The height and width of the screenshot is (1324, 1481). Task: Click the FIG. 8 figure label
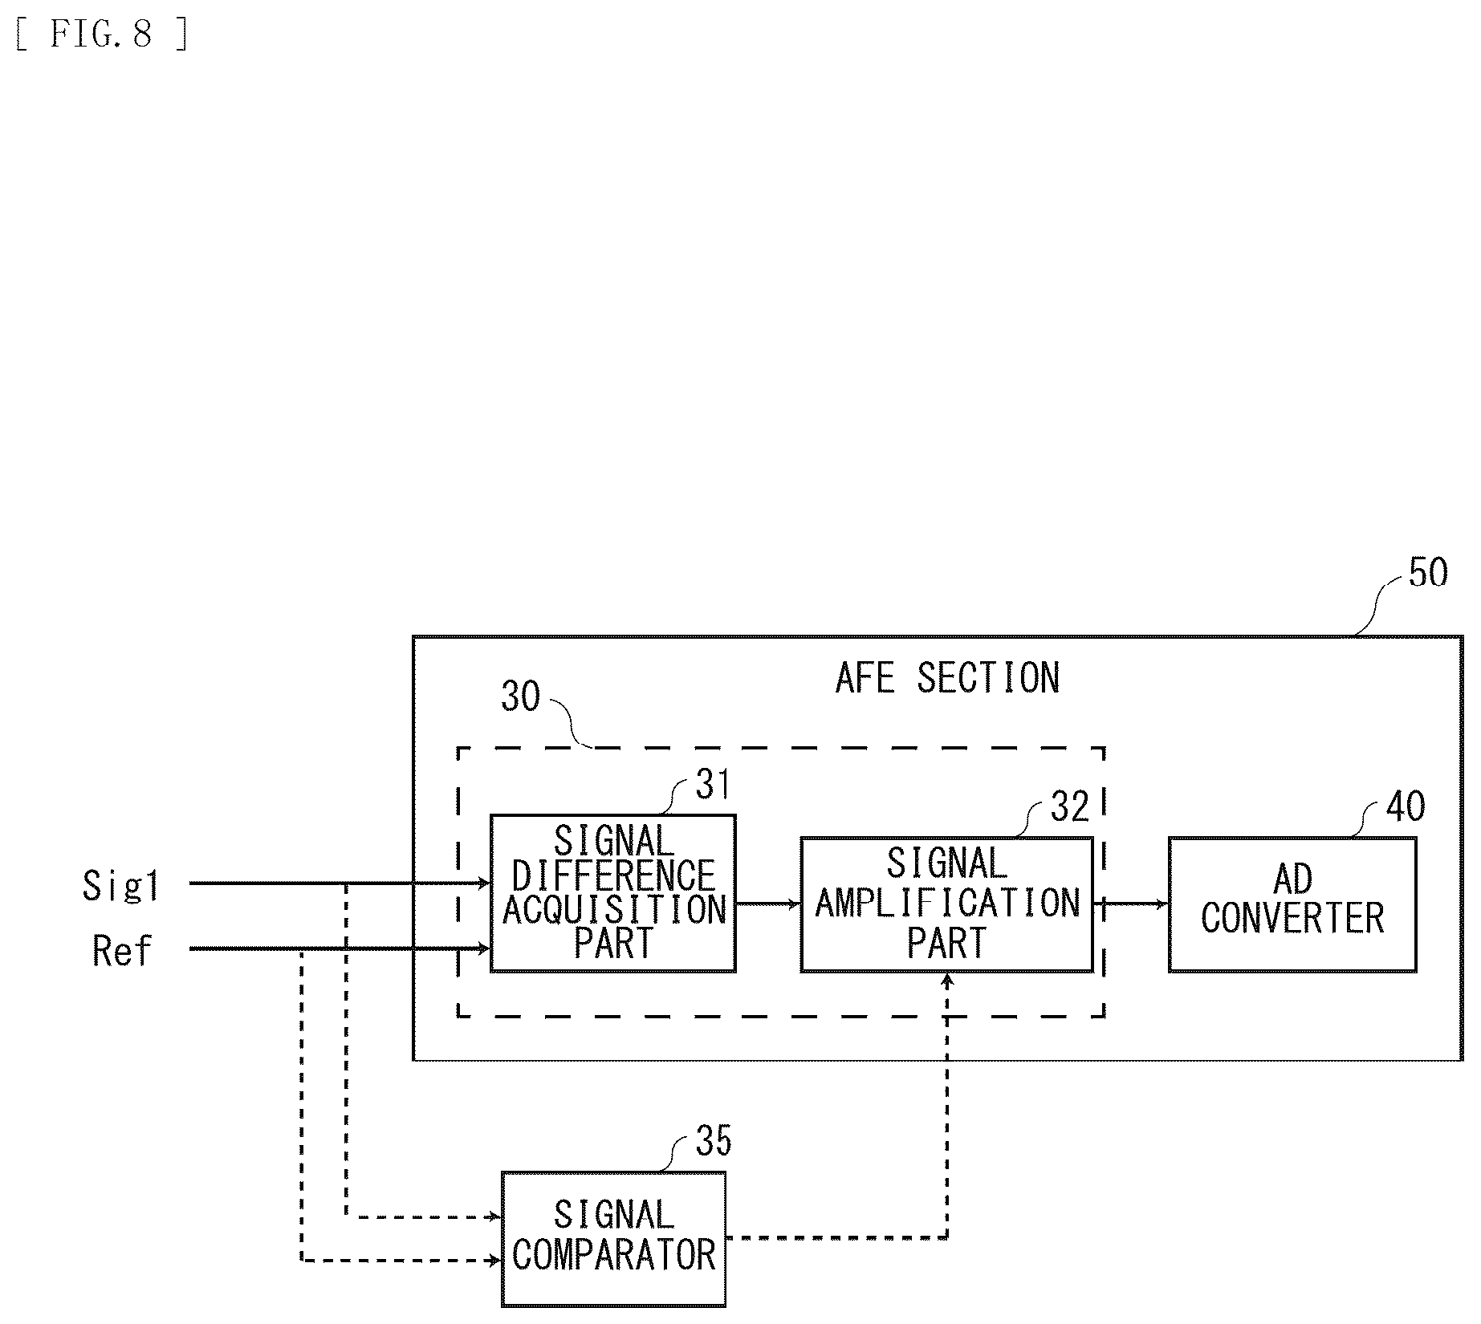point(102,35)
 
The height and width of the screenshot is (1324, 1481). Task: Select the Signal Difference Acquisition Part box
point(613,893)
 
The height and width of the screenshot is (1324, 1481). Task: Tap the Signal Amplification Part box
point(946,904)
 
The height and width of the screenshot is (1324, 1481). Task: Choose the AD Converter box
point(1292,904)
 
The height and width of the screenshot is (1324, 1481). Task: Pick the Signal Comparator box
point(613,1239)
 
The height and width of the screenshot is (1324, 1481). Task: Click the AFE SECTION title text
point(947,679)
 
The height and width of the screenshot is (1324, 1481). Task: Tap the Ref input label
point(122,951)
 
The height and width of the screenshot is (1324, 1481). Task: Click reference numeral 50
point(1428,573)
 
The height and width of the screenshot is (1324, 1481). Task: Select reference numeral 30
point(521,697)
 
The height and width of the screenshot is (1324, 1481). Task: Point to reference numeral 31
point(713,784)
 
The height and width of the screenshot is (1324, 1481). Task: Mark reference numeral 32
point(1070,806)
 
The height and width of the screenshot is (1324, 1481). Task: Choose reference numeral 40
point(1406,806)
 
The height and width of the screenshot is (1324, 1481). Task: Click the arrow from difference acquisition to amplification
point(768,904)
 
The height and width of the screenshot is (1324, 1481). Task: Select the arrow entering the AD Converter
point(1131,904)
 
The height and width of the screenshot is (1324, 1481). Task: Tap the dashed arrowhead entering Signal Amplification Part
point(947,979)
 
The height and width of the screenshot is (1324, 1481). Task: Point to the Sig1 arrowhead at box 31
point(484,883)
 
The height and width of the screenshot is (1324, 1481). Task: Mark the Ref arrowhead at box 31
point(484,949)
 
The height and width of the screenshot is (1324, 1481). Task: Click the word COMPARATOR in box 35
point(614,1257)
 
